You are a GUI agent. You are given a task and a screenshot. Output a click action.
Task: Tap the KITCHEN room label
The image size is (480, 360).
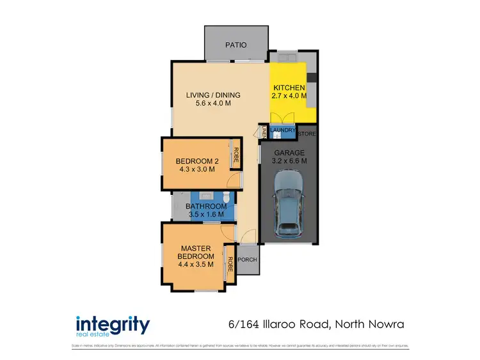click(x=289, y=88)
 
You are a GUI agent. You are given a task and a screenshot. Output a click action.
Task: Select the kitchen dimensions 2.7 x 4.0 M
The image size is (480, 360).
click(x=289, y=97)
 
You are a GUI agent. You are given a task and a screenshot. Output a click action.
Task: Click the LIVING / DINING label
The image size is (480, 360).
click(x=208, y=95)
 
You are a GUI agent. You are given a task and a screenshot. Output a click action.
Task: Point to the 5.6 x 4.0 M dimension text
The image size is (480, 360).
click(x=208, y=104)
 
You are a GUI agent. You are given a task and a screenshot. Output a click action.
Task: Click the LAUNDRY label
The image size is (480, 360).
click(x=283, y=130)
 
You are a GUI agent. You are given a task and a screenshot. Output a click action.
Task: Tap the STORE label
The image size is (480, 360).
click(x=307, y=134)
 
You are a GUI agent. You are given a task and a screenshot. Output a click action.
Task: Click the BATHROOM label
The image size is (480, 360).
click(x=206, y=207)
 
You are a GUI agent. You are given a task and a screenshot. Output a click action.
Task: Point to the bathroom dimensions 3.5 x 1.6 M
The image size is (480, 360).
click(x=206, y=215)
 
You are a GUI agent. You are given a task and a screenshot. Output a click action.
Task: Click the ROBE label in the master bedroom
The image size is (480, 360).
click(x=230, y=263)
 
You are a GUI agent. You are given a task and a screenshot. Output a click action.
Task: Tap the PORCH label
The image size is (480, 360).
click(x=247, y=260)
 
